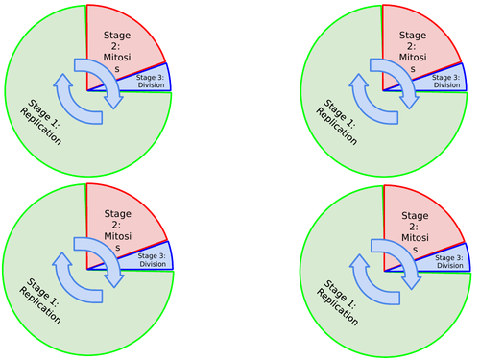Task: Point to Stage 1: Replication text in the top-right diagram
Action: pyautogui.click(x=336, y=121)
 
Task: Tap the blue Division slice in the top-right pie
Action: pyautogui.click(x=447, y=82)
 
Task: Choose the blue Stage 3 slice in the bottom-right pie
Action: pyautogui.click(x=447, y=261)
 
